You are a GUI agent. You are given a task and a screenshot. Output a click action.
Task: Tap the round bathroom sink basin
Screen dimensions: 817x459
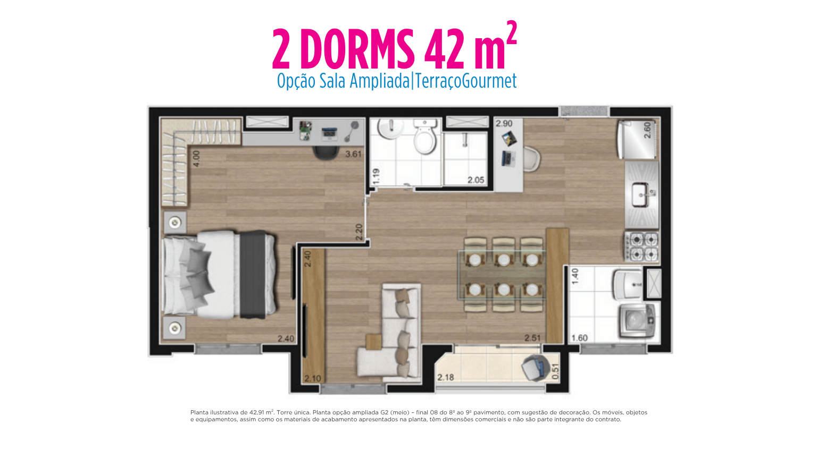click(390, 129)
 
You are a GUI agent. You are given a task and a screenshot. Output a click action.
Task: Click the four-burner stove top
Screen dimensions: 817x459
click(643, 246)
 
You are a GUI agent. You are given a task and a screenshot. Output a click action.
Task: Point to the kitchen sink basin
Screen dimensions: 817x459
click(641, 195)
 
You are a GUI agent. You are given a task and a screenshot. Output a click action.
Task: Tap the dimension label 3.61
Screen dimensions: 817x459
click(353, 154)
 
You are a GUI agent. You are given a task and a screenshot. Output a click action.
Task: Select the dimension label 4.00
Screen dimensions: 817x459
click(196, 159)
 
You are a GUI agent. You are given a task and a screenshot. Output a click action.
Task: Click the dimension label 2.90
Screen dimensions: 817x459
click(504, 123)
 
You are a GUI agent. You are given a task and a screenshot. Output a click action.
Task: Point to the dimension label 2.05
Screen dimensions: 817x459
click(476, 180)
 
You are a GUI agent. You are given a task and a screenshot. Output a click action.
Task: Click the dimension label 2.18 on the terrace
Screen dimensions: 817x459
click(446, 377)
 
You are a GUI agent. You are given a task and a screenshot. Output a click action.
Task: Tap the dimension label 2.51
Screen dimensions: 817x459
click(532, 338)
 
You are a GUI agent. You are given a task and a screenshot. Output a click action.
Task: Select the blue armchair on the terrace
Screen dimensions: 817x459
click(536, 368)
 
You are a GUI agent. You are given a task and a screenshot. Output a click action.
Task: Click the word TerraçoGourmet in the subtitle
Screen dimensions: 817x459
click(466, 81)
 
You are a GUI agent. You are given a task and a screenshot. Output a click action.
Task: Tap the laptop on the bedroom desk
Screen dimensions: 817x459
click(329, 134)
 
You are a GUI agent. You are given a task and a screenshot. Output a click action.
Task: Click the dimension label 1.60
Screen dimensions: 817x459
click(580, 338)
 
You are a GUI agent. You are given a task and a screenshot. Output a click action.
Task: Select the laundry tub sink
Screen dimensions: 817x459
click(628, 284)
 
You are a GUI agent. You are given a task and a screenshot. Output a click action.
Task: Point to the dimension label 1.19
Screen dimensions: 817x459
click(376, 176)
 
